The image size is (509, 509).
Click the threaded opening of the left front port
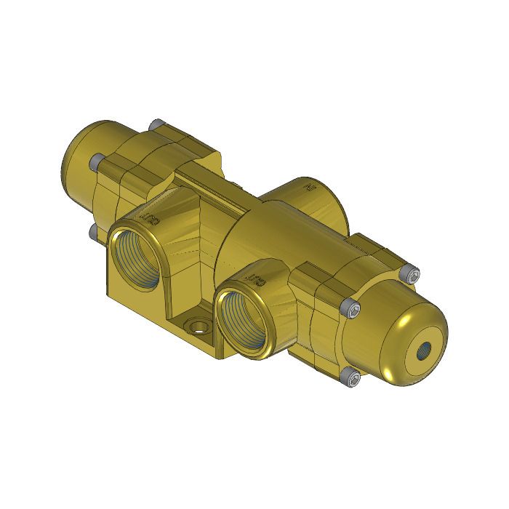[137, 258]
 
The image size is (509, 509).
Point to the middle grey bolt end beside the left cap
[96, 166]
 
